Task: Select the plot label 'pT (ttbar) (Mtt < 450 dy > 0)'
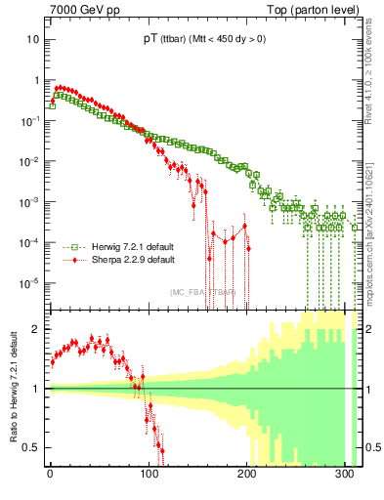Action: click(x=203, y=39)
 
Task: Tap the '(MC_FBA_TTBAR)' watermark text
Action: click(x=203, y=292)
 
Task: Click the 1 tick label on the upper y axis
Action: click(x=36, y=80)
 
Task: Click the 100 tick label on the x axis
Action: click(x=149, y=478)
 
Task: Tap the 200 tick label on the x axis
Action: click(x=247, y=478)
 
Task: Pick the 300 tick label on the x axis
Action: click(x=346, y=478)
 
